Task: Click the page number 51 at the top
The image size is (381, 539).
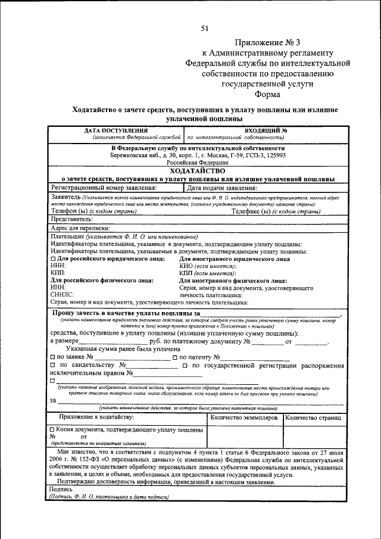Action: click(204, 29)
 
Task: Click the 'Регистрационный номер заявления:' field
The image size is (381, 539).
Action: click(104, 187)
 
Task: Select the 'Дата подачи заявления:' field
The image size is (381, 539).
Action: click(222, 187)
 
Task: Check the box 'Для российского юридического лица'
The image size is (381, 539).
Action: click(53, 259)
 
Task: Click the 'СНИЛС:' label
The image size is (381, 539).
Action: click(62, 294)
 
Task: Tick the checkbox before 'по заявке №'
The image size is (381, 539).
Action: click(53, 357)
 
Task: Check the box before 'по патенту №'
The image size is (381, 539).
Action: click(174, 357)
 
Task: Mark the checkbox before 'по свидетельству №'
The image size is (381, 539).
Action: click(53, 365)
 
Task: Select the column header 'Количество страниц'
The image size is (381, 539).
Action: click(313, 419)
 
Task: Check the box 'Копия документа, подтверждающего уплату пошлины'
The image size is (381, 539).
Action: click(53, 429)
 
